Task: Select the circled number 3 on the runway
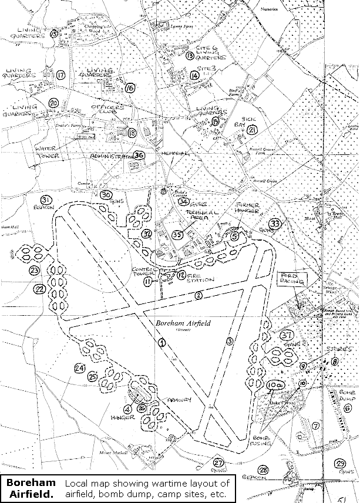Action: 229,341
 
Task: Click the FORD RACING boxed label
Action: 291,279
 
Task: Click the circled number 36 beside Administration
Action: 139,156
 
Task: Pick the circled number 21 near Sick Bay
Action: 253,129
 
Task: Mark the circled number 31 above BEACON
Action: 46,201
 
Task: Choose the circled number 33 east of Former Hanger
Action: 274,224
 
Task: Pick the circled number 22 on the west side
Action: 39,289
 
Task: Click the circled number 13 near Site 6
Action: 190,56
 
